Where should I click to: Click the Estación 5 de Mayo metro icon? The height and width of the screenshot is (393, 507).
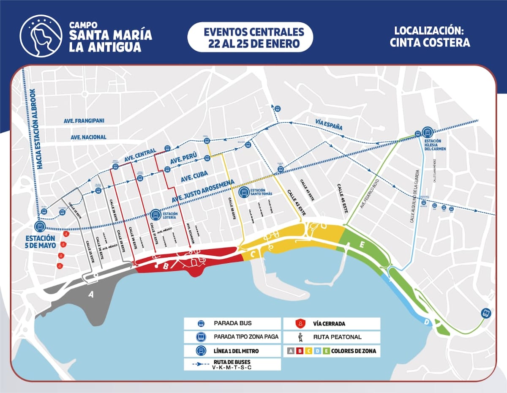point(40,227)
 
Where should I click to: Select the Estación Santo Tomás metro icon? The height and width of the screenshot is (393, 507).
point(244,193)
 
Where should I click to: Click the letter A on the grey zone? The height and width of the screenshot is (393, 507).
point(90,295)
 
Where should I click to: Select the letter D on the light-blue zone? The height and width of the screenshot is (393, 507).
point(427,322)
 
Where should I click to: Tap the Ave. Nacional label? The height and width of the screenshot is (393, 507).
point(89,137)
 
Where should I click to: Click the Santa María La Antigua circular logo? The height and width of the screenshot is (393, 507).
point(41,36)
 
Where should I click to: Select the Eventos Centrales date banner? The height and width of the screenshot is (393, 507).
point(250,38)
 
